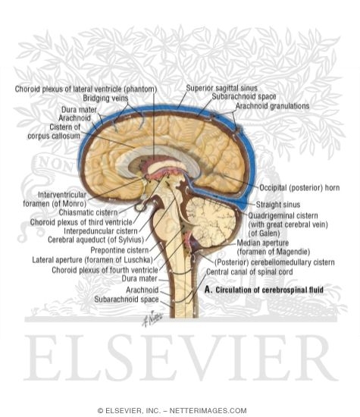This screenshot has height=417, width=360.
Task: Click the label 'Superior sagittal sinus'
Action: coord(221,88)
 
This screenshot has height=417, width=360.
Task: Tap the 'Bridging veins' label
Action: coord(105,98)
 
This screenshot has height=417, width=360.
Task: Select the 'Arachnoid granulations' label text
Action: coord(273,106)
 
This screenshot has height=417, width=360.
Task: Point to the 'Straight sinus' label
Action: coord(278,205)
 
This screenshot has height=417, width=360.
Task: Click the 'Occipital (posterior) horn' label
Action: coord(299,188)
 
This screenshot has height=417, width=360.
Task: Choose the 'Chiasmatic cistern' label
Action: coord(88,212)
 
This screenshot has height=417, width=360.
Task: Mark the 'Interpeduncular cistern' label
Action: coord(101,230)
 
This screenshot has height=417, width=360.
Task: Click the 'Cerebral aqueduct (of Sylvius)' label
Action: coord(95,240)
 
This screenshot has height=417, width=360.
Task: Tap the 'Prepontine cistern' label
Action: coord(120,250)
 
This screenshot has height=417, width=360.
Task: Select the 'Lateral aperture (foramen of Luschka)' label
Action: coord(92,260)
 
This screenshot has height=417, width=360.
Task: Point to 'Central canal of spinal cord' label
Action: coord(249,271)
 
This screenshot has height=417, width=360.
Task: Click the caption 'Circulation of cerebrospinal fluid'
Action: coord(269,290)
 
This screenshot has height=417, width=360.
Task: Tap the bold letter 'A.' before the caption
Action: coord(208,290)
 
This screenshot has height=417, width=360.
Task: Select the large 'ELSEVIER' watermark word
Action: coord(181,358)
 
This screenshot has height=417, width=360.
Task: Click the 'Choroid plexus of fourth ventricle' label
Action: coord(105,270)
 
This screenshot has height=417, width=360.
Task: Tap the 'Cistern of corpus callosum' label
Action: coord(54,131)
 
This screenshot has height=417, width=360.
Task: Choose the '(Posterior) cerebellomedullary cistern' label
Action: coord(274,262)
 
